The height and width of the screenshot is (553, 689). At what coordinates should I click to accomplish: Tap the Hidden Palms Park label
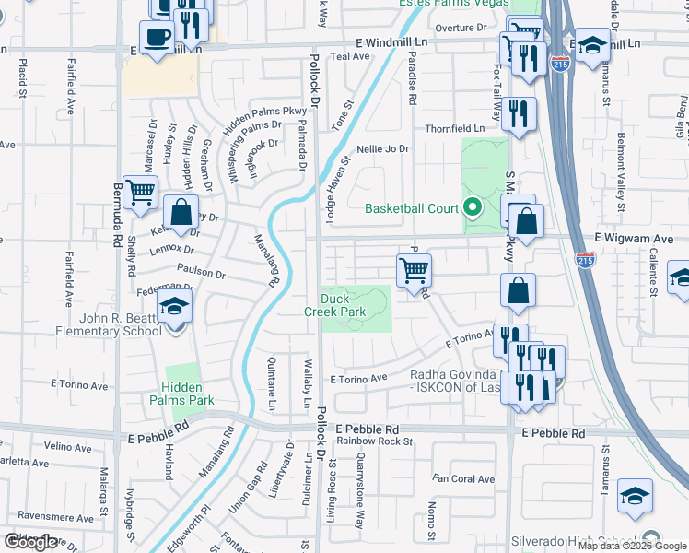[188, 393]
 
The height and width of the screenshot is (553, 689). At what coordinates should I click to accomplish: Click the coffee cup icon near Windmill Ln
[158, 38]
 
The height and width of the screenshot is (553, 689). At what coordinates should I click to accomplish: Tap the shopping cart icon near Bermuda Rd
[139, 193]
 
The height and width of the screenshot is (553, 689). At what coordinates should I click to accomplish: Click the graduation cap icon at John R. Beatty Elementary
[172, 308]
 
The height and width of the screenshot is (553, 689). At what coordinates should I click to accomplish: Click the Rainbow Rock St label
[375, 441]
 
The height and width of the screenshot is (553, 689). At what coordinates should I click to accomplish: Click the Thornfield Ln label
[454, 128]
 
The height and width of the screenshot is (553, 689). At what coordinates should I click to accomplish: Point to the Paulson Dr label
[201, 274]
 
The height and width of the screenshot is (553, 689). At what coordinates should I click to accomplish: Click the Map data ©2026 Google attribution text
[632, 546]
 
